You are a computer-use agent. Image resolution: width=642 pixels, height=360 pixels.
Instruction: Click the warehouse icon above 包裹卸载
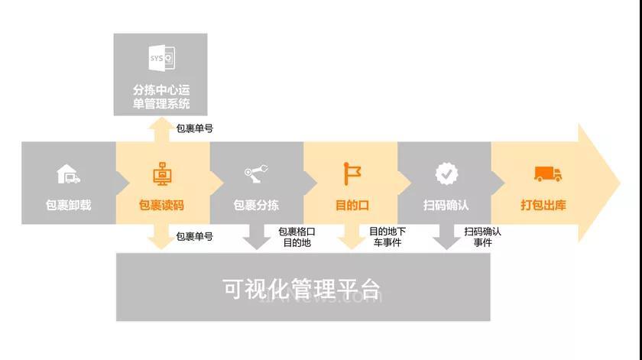(x=68, y=174)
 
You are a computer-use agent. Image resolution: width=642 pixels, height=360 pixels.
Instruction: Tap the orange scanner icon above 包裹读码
(x=162, y=174)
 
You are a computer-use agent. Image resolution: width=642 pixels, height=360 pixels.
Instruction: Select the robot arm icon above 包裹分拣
(x=256, y=174)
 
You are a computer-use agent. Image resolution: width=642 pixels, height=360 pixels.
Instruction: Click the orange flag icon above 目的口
(x=352, y=174)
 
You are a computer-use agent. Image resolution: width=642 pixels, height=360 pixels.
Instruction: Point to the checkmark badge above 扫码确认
(x=446, y=174)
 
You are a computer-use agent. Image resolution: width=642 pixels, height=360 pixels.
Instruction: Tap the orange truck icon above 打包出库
(x=548, y=174)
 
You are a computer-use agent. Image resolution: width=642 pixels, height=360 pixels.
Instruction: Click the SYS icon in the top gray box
(x=162, y=58)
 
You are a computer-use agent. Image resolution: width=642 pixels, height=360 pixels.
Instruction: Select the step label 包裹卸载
(x=68, y=205)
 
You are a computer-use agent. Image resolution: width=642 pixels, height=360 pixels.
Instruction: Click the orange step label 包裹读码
(x=161, y=205)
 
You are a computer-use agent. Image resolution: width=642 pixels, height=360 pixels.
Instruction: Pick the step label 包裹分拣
(x=256, y=205)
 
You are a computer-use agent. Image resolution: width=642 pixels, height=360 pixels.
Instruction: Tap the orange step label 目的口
(x=352, y=205)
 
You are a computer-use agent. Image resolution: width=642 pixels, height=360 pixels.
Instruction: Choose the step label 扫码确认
(x=446, y=205)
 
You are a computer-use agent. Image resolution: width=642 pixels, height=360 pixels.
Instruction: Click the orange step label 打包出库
(x=543, y=205)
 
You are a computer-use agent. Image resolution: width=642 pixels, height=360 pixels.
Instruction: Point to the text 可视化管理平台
(x=302, y=289)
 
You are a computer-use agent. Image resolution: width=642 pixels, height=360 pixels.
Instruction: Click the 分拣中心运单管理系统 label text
(x=161, y=96)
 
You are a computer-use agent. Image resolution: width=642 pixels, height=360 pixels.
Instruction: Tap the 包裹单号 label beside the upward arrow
(x=194, y=128)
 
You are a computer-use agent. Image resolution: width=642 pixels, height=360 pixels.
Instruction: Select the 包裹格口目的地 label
(x=297, y=237)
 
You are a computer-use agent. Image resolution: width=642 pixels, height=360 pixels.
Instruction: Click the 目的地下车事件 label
(x=387, y=237)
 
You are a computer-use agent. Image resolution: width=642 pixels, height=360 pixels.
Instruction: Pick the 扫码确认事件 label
(x=482, y=237)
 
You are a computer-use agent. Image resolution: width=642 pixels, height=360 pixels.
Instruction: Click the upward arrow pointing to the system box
(x=161, y=130)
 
